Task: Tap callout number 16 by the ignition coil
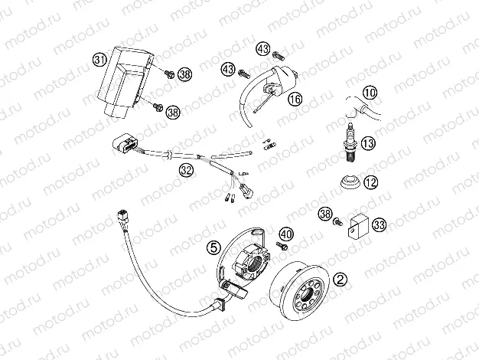coord(295,99)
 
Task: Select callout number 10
coord(370,94)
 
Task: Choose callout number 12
coord(370,182)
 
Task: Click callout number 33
coord(380,224)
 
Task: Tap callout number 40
coord(286,234)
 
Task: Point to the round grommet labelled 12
coord(349,183)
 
